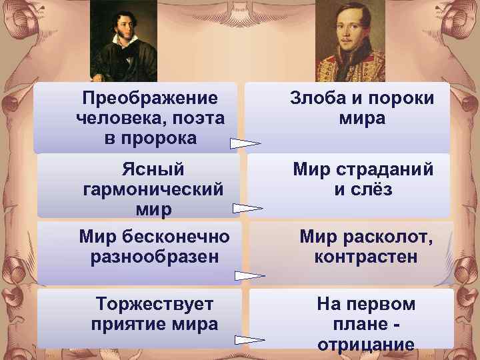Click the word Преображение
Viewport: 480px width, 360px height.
149,99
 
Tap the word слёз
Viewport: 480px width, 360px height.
373,190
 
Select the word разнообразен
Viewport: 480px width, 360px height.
155,257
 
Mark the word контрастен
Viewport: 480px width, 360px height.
366,257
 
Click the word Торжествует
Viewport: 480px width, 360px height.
155,305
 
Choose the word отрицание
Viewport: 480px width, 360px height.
366,345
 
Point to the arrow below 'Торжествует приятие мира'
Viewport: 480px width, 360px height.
250,339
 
